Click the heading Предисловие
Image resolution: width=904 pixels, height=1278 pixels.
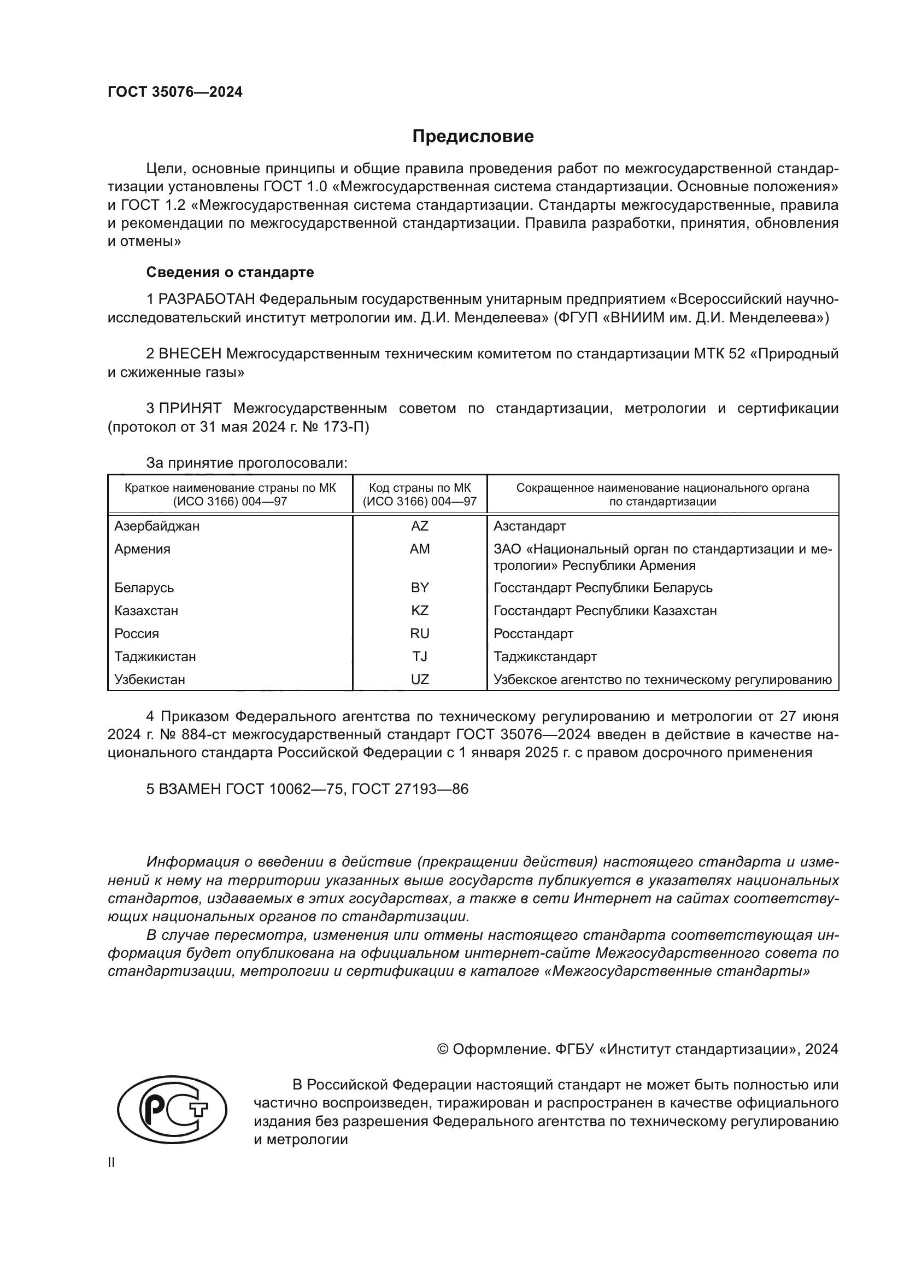(x=473, y=137)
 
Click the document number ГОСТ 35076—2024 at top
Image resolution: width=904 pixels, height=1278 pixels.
(x=175, y=92)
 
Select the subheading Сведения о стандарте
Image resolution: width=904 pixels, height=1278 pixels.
(x=230, y=272)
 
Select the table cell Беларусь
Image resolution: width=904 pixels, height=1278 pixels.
(x=144, y=588)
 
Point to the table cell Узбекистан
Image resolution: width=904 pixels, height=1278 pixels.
(x=150, y=680)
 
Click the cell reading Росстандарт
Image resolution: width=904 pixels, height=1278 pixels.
(x=533, y=633)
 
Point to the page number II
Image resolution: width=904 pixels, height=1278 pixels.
(x=111, y=1162)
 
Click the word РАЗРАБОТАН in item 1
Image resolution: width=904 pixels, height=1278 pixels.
(x=207, y=299)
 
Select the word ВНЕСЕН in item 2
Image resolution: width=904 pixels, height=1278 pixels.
(x=190, y=354)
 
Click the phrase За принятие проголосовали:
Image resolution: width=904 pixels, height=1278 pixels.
(x=246, y=463)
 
